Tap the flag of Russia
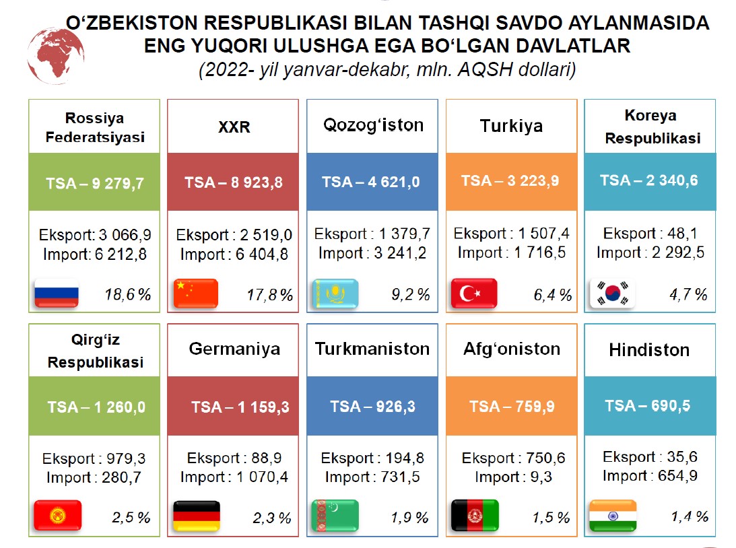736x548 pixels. point(57,294)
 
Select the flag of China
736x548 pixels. point(197,294)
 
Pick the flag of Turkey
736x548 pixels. point(474,294)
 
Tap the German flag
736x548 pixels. point(197,516)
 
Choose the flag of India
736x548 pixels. point(612,516)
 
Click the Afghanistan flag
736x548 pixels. point(474,516)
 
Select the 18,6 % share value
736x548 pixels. point(128,294)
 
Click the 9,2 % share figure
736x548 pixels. point(410,294)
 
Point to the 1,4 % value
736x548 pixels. point(689,516)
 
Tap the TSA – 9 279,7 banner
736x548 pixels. point(94,182)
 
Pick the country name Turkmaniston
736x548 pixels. point(372,349)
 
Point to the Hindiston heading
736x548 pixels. point(649,350)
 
